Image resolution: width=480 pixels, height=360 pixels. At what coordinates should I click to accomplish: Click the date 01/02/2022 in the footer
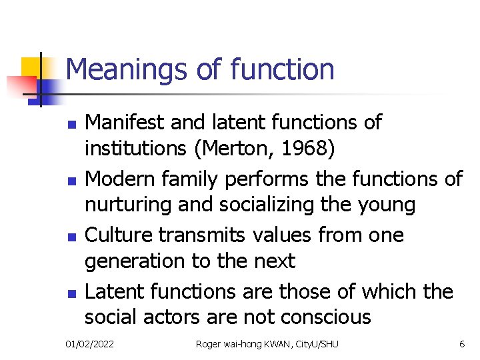coord(89,344)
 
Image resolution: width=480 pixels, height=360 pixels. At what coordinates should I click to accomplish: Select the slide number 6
coord(462,344)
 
